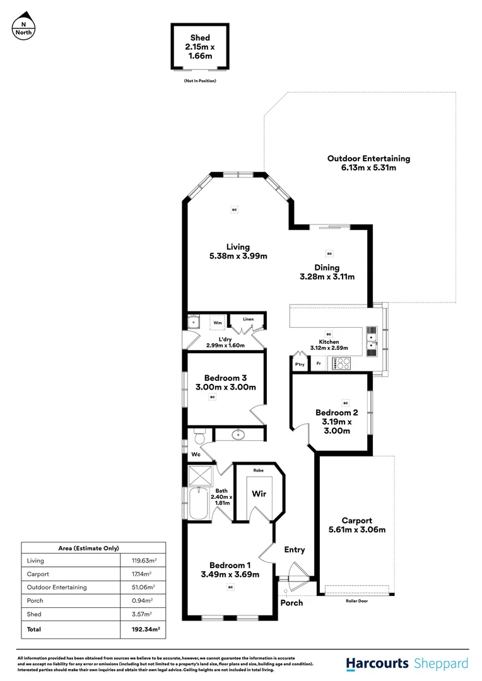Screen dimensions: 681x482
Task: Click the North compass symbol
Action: pos(24,26)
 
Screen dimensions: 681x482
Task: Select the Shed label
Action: pos(199,38)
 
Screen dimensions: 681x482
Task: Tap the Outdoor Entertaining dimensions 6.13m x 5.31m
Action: pos(368,168)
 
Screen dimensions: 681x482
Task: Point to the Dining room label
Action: pos(327,268)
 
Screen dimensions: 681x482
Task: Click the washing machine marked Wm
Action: pos(217,322)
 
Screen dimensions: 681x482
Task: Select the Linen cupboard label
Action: pos(247,320)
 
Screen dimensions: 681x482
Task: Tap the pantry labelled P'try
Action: pos(300,364)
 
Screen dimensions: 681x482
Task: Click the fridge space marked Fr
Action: pos(319,364)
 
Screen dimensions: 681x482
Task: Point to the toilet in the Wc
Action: pos(199,436)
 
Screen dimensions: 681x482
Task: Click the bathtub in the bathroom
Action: pos(200,503)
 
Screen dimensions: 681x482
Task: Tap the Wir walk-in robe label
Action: pos(258,495)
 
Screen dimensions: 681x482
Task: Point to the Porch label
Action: pos(291,603)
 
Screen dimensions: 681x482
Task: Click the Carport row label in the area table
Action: pos(37,574)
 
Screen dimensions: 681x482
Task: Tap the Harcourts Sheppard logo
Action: pos(407,663)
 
